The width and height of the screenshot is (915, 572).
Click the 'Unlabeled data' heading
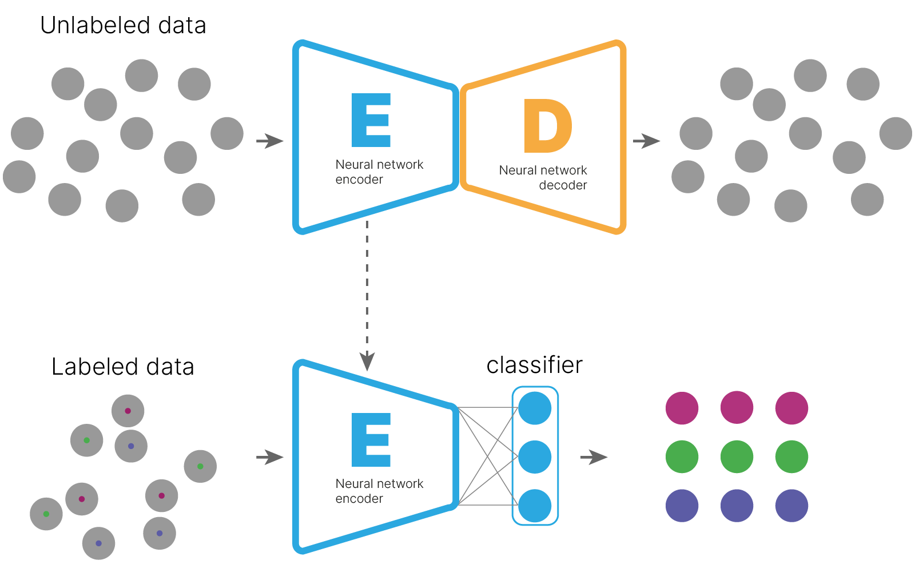tap(123, 26)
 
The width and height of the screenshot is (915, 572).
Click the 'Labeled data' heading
tap(123, 367)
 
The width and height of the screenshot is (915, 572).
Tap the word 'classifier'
tap(534, 365)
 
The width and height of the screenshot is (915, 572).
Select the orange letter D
tap(547, 126)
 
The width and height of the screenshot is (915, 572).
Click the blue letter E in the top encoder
tap(371, 121)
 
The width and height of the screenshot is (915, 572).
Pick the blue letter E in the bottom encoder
tap(371, 440)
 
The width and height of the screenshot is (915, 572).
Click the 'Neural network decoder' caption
tap(543, 177)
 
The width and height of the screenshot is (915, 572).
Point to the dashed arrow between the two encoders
tap(367, 292)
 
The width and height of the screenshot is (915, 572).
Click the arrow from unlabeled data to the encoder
tap(269, 141)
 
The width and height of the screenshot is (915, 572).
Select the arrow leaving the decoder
tap(647, 141)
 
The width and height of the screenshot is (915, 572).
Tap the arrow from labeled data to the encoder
tap(269, 457)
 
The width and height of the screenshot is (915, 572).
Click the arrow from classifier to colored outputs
tap(594, 457)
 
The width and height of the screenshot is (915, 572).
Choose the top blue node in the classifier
tap(535, 408)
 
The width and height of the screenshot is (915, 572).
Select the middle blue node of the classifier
tap(535, 457)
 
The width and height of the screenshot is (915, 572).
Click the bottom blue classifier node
tap(535, 506)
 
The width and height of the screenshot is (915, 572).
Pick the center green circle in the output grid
tap(737, 456)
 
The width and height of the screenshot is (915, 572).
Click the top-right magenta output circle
tap(791, 408)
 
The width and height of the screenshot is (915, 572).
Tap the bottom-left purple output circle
tap(682, 506)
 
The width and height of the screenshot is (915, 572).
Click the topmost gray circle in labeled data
tap(128, 411)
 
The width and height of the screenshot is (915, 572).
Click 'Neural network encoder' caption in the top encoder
tap(379, 172)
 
